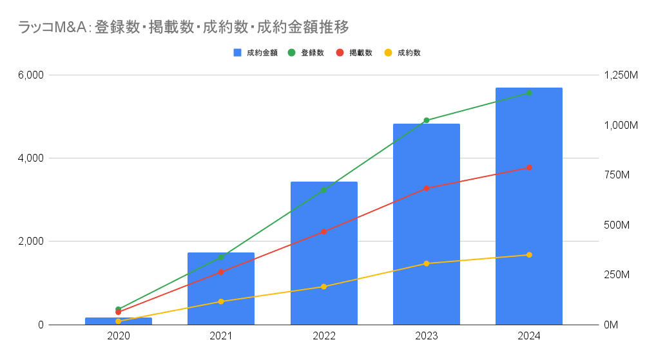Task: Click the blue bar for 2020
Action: [x=119, y=321]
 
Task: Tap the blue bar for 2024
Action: [x=529, y=206]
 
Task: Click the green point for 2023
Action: [x=426, y=120]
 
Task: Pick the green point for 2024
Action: [x=529, y=93]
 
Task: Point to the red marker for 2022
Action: [x=323, y=231]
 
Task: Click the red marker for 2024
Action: [x=529, y=167]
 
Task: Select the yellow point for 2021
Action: [x=221, y=301]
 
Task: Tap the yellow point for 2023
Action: [x=426, y=263]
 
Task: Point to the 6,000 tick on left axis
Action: [x=31, y=75]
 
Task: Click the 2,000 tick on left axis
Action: [x=31, y=242]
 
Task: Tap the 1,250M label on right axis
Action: [x=621, y=75]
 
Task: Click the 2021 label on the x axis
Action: [x=221, y=336]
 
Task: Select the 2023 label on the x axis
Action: [x=426, y=336]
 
